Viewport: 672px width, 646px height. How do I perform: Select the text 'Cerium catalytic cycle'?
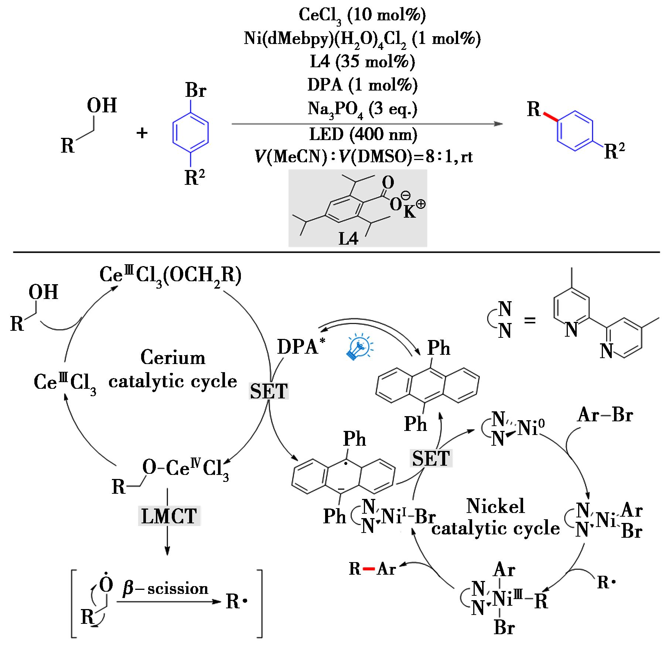[173, 370]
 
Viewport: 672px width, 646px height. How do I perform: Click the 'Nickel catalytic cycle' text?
[495, 517]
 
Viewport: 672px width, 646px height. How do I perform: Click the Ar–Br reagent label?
[605, 415]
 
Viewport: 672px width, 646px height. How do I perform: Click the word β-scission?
[165, 589]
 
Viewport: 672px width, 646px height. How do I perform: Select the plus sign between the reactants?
[142, 133]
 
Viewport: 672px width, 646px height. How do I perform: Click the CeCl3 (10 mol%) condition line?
[362, 15]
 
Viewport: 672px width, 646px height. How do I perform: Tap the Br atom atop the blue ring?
[196, 90]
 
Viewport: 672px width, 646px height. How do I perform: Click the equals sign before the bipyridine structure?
[530, 320]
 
